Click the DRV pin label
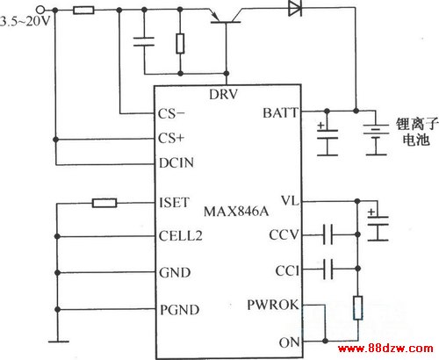click(x=223, y=94)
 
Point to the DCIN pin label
click(x=176, y=162)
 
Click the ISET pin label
click(x=174, y=203)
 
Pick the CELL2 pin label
click(x=181, y=236)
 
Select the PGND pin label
click(x=180, y=310)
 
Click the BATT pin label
click(x=280, y=113)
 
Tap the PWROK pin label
click(x=273, y=305)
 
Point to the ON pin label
click(x=289, y=342)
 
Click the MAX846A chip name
click(x=236, y=211)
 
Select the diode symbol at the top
click(x=295, y=8)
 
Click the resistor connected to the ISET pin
click(x=104, y=203)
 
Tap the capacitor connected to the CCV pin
click(x=327, y=234)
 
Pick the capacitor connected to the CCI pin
click(x=327, y=269)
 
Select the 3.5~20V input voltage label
click(x=25, y=21)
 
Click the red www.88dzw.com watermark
click(x=385, y=349)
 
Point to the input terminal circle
click(x=41, y=10)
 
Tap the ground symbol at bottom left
click(x=59, y=342)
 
